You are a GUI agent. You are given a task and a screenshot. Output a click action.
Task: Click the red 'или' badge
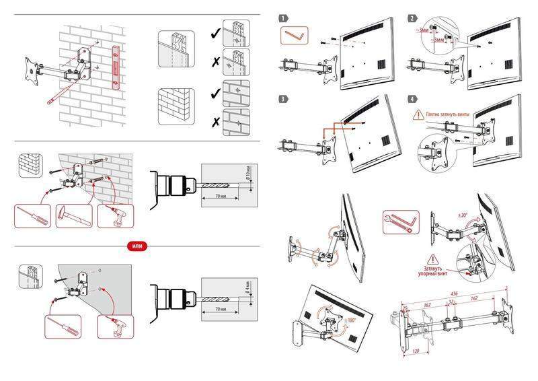tap(136, 246)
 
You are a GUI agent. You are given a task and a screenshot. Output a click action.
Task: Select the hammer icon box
tap(73, 216)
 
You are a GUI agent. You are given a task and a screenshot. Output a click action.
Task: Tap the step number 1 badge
tap(284, 18)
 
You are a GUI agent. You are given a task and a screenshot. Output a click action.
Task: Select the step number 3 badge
tap(284, 99)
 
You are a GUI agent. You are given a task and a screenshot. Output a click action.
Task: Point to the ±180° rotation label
tap(351, 320)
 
